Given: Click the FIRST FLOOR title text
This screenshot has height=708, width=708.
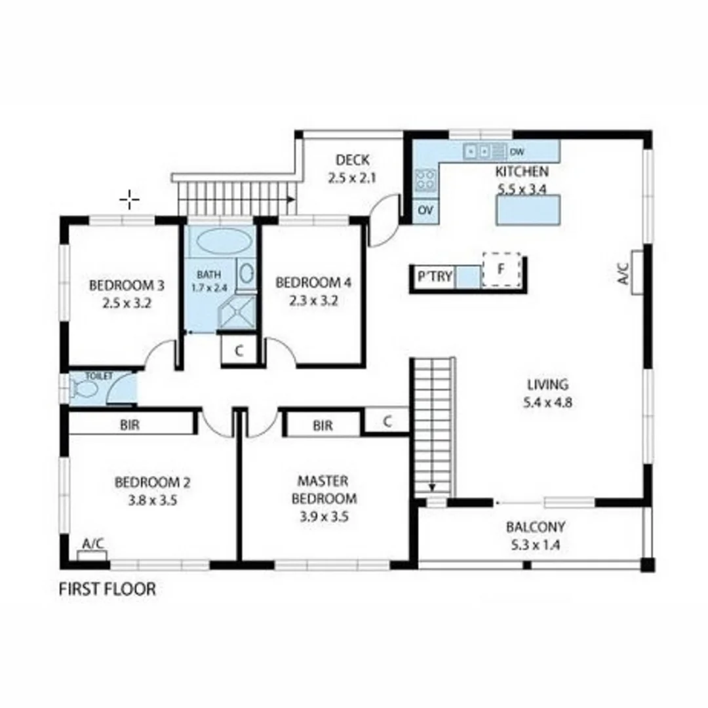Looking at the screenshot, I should (108, 589).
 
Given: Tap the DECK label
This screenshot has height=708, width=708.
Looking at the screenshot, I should (353, 160).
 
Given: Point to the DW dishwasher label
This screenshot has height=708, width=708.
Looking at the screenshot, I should (517, 152).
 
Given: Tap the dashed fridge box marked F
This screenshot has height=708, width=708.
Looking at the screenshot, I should (501, 269).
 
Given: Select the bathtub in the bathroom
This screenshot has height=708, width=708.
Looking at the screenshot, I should (224, 241).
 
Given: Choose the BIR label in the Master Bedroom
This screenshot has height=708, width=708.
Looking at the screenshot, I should (323, 425).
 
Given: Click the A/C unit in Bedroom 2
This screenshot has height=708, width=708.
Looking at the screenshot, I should (92, 555).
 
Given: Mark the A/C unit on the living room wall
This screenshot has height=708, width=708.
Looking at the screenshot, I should (637, 272).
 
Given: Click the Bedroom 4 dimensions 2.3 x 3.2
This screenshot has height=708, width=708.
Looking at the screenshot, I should (313, 301).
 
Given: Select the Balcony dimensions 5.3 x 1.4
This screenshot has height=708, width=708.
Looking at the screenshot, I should (535, 543).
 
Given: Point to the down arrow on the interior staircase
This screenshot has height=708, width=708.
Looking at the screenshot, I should (433, 486).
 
